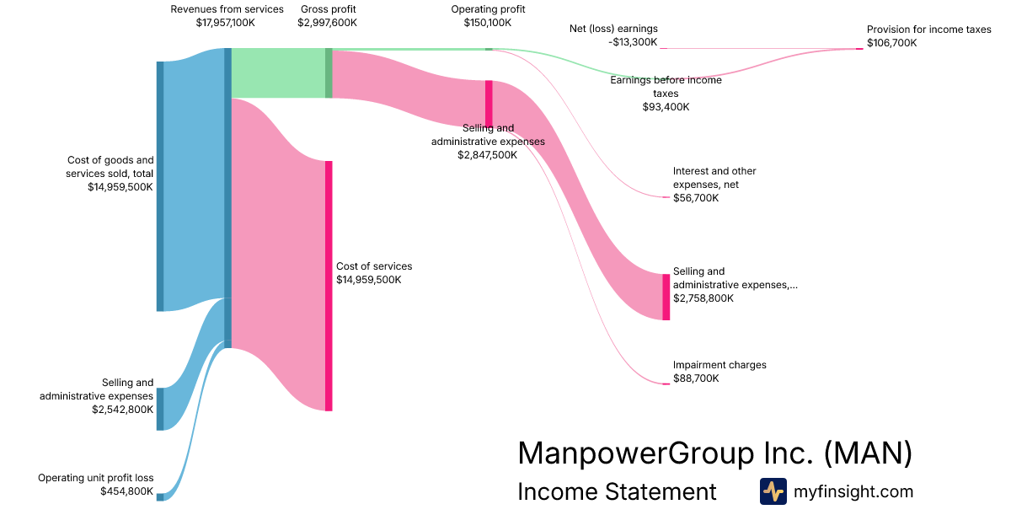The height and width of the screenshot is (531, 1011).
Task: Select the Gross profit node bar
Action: click(x=329, y=72)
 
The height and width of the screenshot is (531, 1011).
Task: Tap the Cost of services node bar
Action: click(x=329, y=286)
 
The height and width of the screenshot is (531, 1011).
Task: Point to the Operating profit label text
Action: click(x=495, y=9)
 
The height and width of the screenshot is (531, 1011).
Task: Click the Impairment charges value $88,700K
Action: click(x=696, y=378)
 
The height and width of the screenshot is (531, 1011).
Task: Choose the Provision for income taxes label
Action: click(x=928, y=29)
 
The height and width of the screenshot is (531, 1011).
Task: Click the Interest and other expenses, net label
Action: click(x=706, y=178)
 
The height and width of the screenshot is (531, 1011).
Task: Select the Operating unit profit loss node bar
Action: click(x=160, y=497)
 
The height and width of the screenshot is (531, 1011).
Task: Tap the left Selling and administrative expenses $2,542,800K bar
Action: click(x=160, y=409)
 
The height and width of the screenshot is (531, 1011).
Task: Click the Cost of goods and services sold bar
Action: click(x=160, y=186)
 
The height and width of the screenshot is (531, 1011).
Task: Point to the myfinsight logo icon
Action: click(x=773, y=491)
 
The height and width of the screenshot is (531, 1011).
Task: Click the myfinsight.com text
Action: click(x=853, y=491)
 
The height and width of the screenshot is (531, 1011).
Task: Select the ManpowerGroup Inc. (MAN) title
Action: click(x=714, y=453)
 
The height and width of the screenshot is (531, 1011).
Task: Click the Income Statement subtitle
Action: click(x=617, y=491)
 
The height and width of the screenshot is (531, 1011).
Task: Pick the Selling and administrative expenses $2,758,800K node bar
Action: click(x=666, y=297)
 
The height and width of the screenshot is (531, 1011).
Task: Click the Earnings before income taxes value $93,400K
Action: click(x=666, y=107)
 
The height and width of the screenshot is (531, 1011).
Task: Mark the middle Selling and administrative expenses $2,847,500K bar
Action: click(x=489, y=103)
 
